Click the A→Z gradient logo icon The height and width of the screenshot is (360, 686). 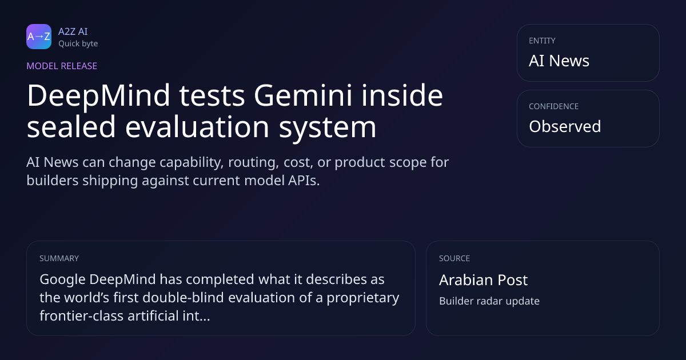pyautogui.click(x=39, y=37)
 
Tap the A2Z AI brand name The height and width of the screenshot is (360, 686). pyautogui.click(x=73, y=31)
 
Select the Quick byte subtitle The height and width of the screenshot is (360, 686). pyautogui.click(x=78, y=44)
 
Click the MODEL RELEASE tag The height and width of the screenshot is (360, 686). pyautogui.click(x=62, y=66)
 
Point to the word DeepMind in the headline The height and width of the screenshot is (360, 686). pyautogui.click(x=98, y=96)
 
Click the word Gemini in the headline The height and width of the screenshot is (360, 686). pyautogui.click(x=303, y=95)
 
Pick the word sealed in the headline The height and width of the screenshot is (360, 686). pyautogui.click(x=71, y=126)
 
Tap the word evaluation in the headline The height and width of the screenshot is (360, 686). pyautogui.click(x=197, y=126)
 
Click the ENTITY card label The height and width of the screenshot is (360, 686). pyautogui.click(x=542, y=41)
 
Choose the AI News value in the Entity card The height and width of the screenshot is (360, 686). pyautogui.click(x=559, y=61)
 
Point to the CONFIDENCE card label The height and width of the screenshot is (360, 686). pyautogui.click(x=554, y=106)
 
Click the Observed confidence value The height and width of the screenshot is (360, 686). pyautogui.click(x=565, y=126)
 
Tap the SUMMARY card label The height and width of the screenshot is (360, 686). pyautogui.click(x=59, y=258)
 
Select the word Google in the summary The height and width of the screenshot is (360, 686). pyautogui.click(x=62, y=280)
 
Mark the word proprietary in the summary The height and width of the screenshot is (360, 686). pyautogui.click(x=363, y=298)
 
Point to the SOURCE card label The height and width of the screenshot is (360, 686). pyautogui.click(x=454, y=258)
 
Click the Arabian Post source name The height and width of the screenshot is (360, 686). pyautogui.click(x=483, y=280)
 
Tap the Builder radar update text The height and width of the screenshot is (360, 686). pyautogui.click(x=489, y=301)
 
